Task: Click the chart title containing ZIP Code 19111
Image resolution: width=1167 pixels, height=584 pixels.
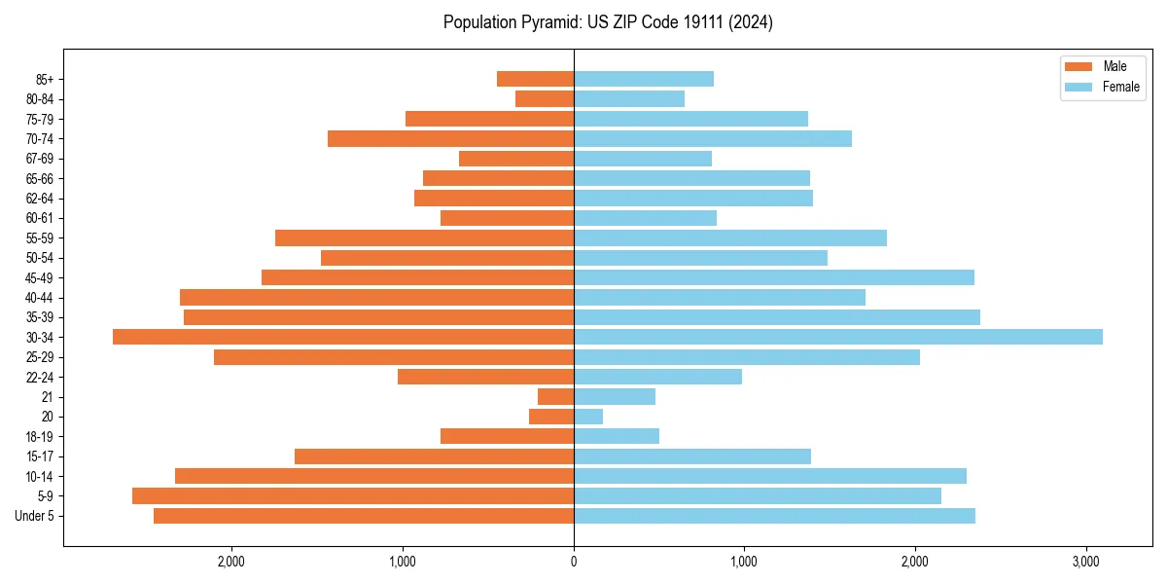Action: point(608,22)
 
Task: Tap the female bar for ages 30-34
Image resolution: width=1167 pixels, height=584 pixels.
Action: point(837,337)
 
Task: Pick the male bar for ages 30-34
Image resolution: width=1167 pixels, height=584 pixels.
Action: point(343,337)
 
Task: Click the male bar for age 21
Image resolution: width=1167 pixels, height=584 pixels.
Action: point(555,397)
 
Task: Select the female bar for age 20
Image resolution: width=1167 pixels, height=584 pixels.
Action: point(588,417)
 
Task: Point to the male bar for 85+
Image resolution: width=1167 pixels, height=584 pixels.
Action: point(535,79)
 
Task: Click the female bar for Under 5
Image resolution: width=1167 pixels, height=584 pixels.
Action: point(774,516)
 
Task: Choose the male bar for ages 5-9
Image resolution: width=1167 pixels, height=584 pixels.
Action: point(353,496)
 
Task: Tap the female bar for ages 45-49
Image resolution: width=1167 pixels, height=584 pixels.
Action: point(774,277)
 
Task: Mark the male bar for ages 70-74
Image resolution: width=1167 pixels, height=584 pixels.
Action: point(450,139)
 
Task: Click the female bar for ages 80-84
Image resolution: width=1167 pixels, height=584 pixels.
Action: point(629,99)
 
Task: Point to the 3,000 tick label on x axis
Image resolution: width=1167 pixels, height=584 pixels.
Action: point(1086,562)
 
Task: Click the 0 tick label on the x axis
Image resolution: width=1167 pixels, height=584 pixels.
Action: point(574,562)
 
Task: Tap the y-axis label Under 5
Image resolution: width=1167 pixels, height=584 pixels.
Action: point(35,516)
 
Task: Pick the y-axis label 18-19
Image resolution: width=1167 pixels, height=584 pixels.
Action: point(41,437)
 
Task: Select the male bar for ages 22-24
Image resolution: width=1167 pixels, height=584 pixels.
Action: point(485,377)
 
